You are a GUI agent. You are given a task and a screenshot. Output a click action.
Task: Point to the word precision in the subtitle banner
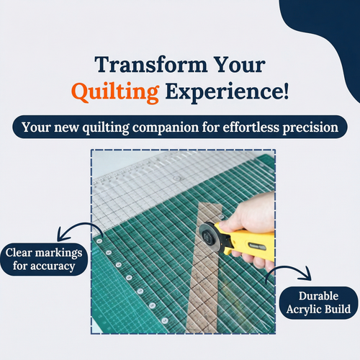[x=310, y=127]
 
